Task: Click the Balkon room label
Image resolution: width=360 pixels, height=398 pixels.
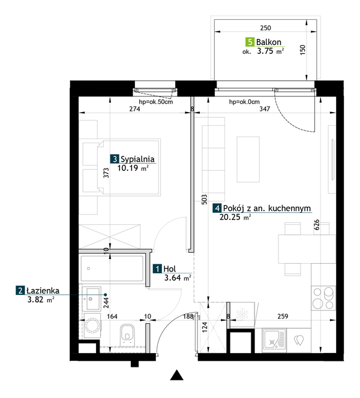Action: click(x=269, y=42)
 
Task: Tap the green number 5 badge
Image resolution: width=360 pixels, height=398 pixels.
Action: click(x=250, y=42)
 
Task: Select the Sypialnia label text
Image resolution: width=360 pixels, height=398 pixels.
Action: click(x=137, y=159)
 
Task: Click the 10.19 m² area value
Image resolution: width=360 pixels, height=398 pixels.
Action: click(x=133, y=168)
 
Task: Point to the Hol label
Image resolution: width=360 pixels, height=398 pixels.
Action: click(x=169, y=269)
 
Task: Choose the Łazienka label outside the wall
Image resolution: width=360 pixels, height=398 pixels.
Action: click(x=43, y=291)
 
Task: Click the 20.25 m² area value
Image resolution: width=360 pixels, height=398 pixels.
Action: click(x=235, y=217)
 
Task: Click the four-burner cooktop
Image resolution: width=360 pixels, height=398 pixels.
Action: click(x=323, y=298)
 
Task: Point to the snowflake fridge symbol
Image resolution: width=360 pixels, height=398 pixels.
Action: click(x=242, y=314)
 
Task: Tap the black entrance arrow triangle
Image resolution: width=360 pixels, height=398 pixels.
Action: click(x=176, y=375)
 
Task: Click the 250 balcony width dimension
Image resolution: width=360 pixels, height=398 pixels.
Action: click(x=265, y=28)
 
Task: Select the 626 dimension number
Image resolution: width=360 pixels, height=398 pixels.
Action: click(x=317, y=225)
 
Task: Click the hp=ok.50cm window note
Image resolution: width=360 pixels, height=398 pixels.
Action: click(x=156, y=102)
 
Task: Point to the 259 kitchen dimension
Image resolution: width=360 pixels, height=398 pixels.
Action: click(x=283, y=316)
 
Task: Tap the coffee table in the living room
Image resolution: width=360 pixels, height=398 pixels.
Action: click(x=248, y=159)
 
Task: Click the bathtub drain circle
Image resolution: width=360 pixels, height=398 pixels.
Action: click(x=88, y=269)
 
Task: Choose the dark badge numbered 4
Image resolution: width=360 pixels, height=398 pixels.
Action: click(x=217, y=209)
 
